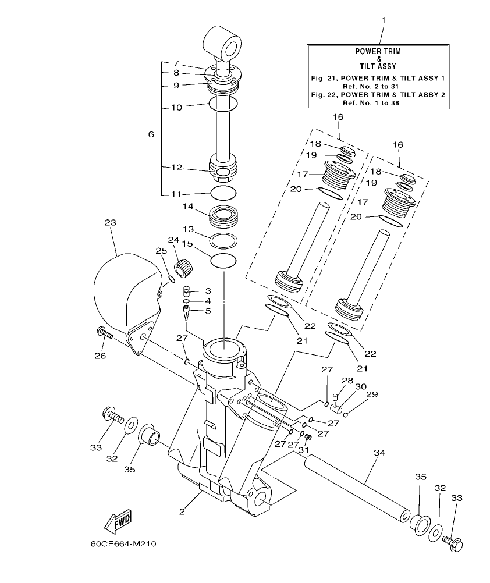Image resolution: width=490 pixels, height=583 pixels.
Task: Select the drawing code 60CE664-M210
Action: pos(123,545)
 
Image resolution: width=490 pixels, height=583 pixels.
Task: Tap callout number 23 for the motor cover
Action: pos(110,222)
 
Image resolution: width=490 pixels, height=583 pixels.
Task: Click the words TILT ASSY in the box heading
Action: pos(378,67)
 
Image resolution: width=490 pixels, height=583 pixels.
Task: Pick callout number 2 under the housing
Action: pos(182,512)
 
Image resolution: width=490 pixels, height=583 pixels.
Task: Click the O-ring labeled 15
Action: pos(223,261)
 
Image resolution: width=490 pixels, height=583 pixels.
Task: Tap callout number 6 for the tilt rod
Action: pos(151,134)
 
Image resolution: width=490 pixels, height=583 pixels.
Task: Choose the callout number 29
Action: pos(371,394)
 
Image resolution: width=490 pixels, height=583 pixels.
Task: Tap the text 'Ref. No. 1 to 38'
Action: pos(378,102)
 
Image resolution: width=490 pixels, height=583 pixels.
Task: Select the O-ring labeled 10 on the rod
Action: pos(223,105)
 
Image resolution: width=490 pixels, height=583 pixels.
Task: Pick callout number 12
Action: pos(176,168)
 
